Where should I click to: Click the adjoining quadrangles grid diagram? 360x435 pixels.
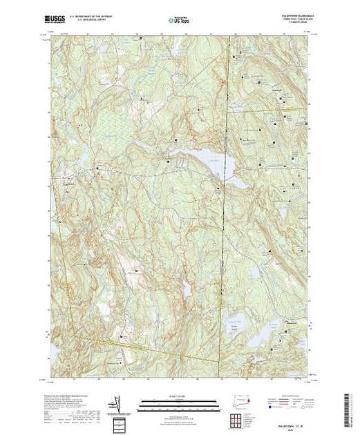(x=238, y=419)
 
